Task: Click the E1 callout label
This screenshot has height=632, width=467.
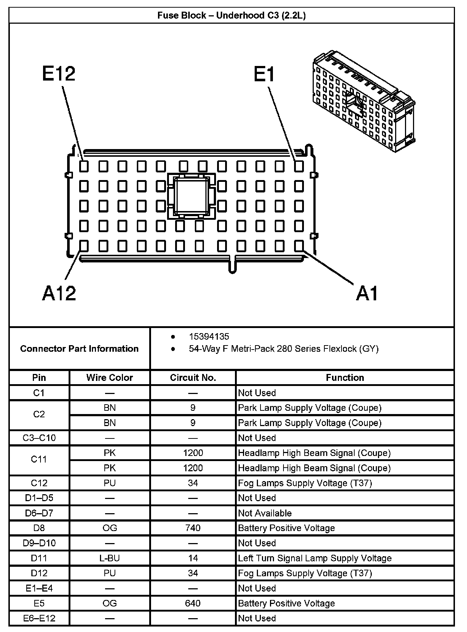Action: (265, 74)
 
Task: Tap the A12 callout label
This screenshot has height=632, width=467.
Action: (59, 293)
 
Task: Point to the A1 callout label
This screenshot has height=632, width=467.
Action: (367, 293)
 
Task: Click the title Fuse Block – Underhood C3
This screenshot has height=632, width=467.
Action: (232, 15)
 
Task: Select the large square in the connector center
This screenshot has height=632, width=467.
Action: (191, 196)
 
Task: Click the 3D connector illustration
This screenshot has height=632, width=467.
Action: (363, 101)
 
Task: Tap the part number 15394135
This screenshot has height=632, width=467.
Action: (209, 336)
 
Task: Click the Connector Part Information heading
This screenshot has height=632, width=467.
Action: (80, 349)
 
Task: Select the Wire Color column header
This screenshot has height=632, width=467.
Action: (109, 378)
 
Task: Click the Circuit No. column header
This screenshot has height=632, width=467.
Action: (193, 378)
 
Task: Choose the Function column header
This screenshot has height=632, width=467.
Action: (345, 378)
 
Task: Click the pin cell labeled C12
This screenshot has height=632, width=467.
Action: (39, 483)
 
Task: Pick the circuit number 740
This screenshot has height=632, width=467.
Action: (193, 528)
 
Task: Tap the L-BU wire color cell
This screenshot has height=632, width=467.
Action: (109, 558)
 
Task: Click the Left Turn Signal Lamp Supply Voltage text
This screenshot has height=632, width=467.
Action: (314, 558)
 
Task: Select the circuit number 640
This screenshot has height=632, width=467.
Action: (193, 603)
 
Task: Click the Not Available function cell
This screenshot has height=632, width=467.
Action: (265, 513)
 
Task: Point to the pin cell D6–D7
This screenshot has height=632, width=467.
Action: (39, 513)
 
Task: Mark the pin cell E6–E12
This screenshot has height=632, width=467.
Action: (39, 618)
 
